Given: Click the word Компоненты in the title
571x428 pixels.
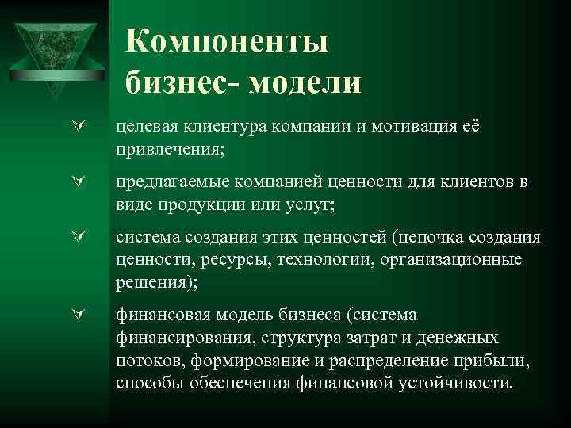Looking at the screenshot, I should [226, 41].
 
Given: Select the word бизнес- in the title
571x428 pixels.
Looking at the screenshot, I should [182, 81].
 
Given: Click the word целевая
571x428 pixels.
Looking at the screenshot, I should [144, 127].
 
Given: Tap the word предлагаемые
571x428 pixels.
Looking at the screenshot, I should [164, 182].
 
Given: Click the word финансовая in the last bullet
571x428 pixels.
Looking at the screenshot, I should [156, 315].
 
